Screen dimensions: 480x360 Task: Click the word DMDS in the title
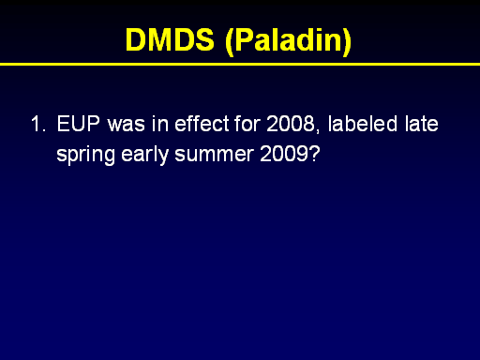[170, 39]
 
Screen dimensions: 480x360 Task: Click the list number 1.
[38, 124]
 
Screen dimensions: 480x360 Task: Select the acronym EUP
[78, 124]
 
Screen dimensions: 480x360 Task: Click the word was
[127, 125]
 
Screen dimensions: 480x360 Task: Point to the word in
[160, 124]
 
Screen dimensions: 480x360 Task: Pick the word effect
[202, 123]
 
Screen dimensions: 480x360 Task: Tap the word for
[247, 123]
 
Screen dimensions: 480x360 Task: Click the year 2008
[291, 124]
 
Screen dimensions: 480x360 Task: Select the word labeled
[363, 123]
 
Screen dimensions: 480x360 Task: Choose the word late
[422, 123]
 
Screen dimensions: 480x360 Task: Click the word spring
[85, 155]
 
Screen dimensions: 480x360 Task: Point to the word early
[145, 155]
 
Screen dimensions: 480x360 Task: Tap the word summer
[214, 156]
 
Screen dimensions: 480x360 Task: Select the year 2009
[284, 154]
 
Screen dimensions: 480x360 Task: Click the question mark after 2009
[314, 154]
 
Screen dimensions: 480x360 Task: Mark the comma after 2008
[318, 129]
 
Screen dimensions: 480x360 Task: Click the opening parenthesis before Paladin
[230, 42]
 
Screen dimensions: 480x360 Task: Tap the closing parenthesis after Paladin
[347, 42]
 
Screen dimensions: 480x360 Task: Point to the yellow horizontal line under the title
[240, 65]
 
